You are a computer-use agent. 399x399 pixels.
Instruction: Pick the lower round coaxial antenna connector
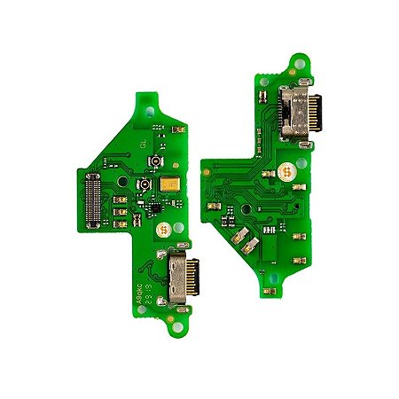coord(142,185)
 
